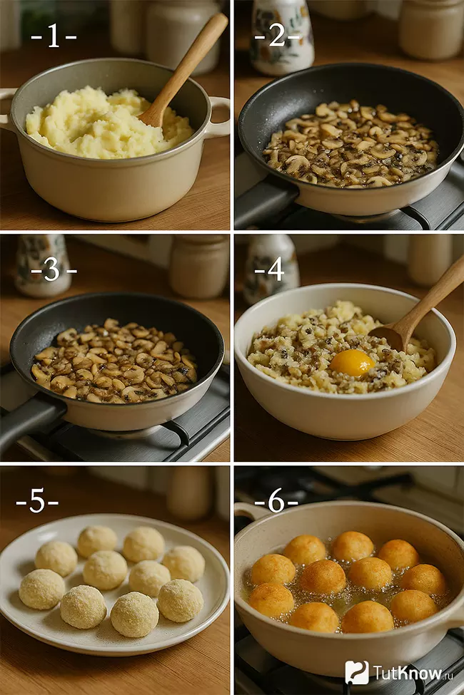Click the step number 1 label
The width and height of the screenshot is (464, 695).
(x=54, y=36)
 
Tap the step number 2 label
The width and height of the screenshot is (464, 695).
(x=278, y=36)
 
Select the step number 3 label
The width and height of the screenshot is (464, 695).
(x=54, y=269)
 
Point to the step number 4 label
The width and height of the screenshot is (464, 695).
(x=271, y=269)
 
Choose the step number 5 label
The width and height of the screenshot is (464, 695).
(x=37, y=503)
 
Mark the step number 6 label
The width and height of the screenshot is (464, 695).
(x=276, y=502)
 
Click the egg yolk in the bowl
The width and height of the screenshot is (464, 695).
(x=352, y=363)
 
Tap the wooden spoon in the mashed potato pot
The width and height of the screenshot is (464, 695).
(x=183, y=70)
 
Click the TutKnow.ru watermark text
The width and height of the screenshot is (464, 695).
(x=407, y=673)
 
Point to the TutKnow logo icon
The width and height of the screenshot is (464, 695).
(x=357, y=672)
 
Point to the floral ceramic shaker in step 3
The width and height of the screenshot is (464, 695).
(x=42, y=265)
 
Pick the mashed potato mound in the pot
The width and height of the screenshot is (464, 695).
(x=109, y=123)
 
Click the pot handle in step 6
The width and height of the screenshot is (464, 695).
(x=246, y=510)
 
